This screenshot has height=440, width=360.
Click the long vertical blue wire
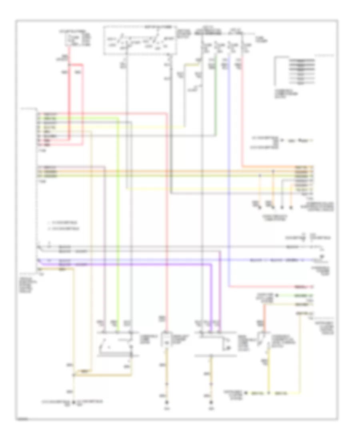228,160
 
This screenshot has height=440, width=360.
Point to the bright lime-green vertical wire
119,220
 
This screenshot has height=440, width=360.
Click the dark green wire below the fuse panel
216,100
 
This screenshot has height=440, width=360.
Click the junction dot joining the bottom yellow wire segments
269,392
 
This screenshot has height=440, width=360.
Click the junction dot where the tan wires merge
74,375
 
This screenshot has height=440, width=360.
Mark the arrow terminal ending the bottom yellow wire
247,392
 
